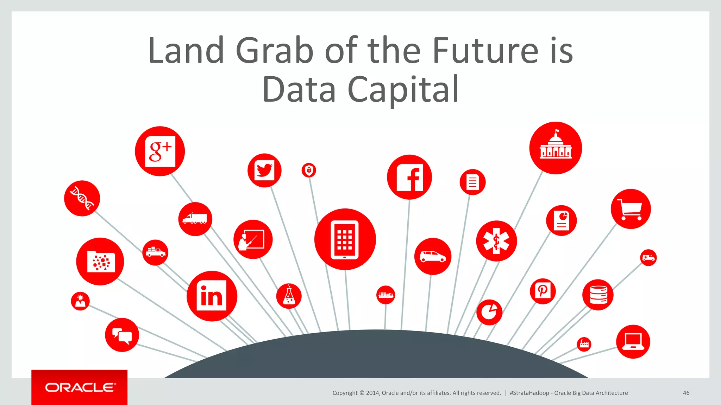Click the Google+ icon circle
click(x=160, y=151)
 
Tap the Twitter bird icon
click(x=264, y=170)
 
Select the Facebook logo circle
click(x=409, y=177)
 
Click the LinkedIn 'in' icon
click(x=212, y=296)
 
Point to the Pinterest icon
click(x=543, y=291)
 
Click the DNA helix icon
click(x=82, y=198)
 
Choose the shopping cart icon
click(x=631, y=209)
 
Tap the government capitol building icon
click(x=556, y=148)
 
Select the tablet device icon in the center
click(x=345, y=239)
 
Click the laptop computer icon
click(x=633, y=342)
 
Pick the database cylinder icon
click(x=598, y=295)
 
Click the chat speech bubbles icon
click(x=122, y=335)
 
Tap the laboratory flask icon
click(x=289, y=296)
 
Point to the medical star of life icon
click(x=496, y=241)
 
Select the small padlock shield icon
click(x=309, y=171)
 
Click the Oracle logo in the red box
click(x=80, y=387)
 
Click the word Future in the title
click(x=485, y=51)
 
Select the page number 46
click(x=686, y=393)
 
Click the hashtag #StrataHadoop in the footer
click(x=529, y=393)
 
